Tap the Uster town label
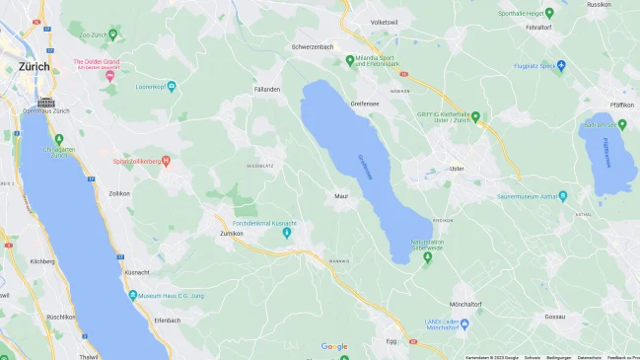(x=456, y=169)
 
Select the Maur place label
(x=341, y=195)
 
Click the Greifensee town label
(x=365, y=103)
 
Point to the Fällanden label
(x=267, y=89)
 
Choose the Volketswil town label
(x=384, y=22)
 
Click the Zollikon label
(x=119, y=193)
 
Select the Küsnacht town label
(x=137, y=271)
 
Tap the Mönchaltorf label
(x=464, y=303)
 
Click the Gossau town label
(x=554, y=317)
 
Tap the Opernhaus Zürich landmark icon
(x=46, y=102)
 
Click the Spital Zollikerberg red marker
(x=166, y=160)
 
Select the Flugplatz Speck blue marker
(x=561, y=66)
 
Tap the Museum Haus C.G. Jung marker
(x=133, y=295)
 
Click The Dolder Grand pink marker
(x=110, y=75)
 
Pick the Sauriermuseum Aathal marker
(x=561, y=196)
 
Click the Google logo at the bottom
(x=334, y=346)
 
